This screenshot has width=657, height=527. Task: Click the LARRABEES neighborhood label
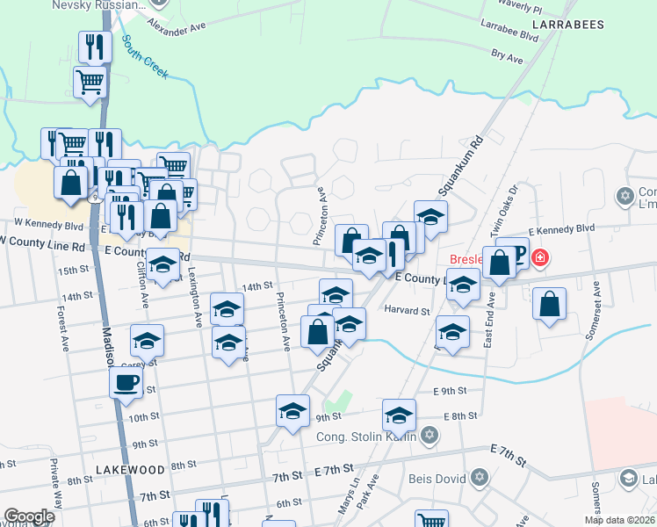click(568, 25)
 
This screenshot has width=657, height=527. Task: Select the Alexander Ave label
click(180, 27)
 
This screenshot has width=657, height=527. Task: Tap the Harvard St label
click(407, 310)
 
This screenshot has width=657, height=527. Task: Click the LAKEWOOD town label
click(130, 470)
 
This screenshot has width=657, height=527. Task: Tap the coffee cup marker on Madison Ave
click(126, 383)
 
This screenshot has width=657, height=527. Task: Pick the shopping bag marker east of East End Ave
click(549, 304)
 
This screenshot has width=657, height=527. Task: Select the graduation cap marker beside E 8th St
click(399, 415)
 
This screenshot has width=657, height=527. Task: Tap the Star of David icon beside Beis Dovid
click(479, 479)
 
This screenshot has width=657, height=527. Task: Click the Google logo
click(29, 516)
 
